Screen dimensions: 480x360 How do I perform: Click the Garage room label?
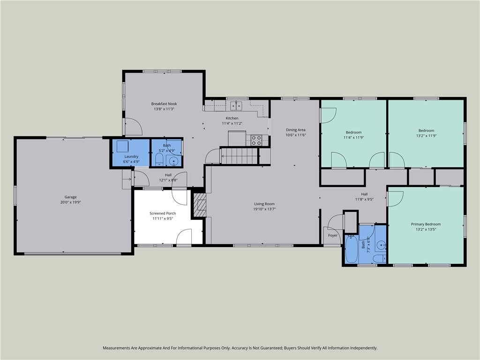(70, 197)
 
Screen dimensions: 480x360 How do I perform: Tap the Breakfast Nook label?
(164, 104)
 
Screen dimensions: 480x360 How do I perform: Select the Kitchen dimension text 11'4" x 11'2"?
(232, 123)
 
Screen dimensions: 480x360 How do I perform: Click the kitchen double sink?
(236, 105)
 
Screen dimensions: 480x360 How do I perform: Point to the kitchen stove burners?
(256, 140)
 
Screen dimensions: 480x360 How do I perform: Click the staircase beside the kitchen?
(239, 156)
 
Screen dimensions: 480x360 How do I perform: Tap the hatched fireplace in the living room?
(200, 205)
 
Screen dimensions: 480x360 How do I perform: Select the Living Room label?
(264, 204)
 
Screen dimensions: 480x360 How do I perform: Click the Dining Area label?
(296, 130)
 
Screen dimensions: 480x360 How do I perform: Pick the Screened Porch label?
(163, 213)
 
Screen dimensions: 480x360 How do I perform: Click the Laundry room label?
(131, 157)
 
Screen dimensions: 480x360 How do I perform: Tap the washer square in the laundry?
(123, 146)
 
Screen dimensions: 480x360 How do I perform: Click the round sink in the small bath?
(174, 161)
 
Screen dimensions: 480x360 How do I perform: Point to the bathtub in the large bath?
(351, 249)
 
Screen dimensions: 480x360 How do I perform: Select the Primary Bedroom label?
(426, 224)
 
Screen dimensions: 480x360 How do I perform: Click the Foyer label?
(333, 235)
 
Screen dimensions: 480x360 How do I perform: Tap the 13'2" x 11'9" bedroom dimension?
(426, 135)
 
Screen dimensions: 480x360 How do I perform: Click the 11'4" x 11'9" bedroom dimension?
(353, 137)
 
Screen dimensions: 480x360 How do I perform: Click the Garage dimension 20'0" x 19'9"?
(70, 202)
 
